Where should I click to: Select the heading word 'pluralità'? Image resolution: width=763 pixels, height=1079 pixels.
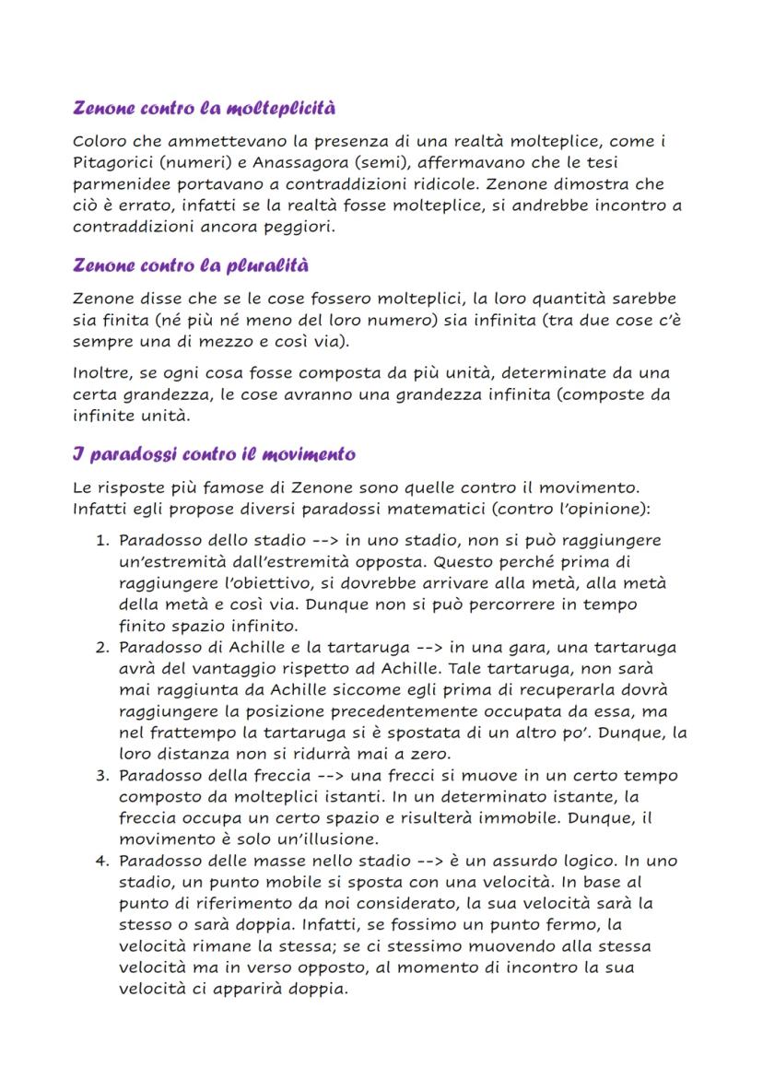[267, 266]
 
